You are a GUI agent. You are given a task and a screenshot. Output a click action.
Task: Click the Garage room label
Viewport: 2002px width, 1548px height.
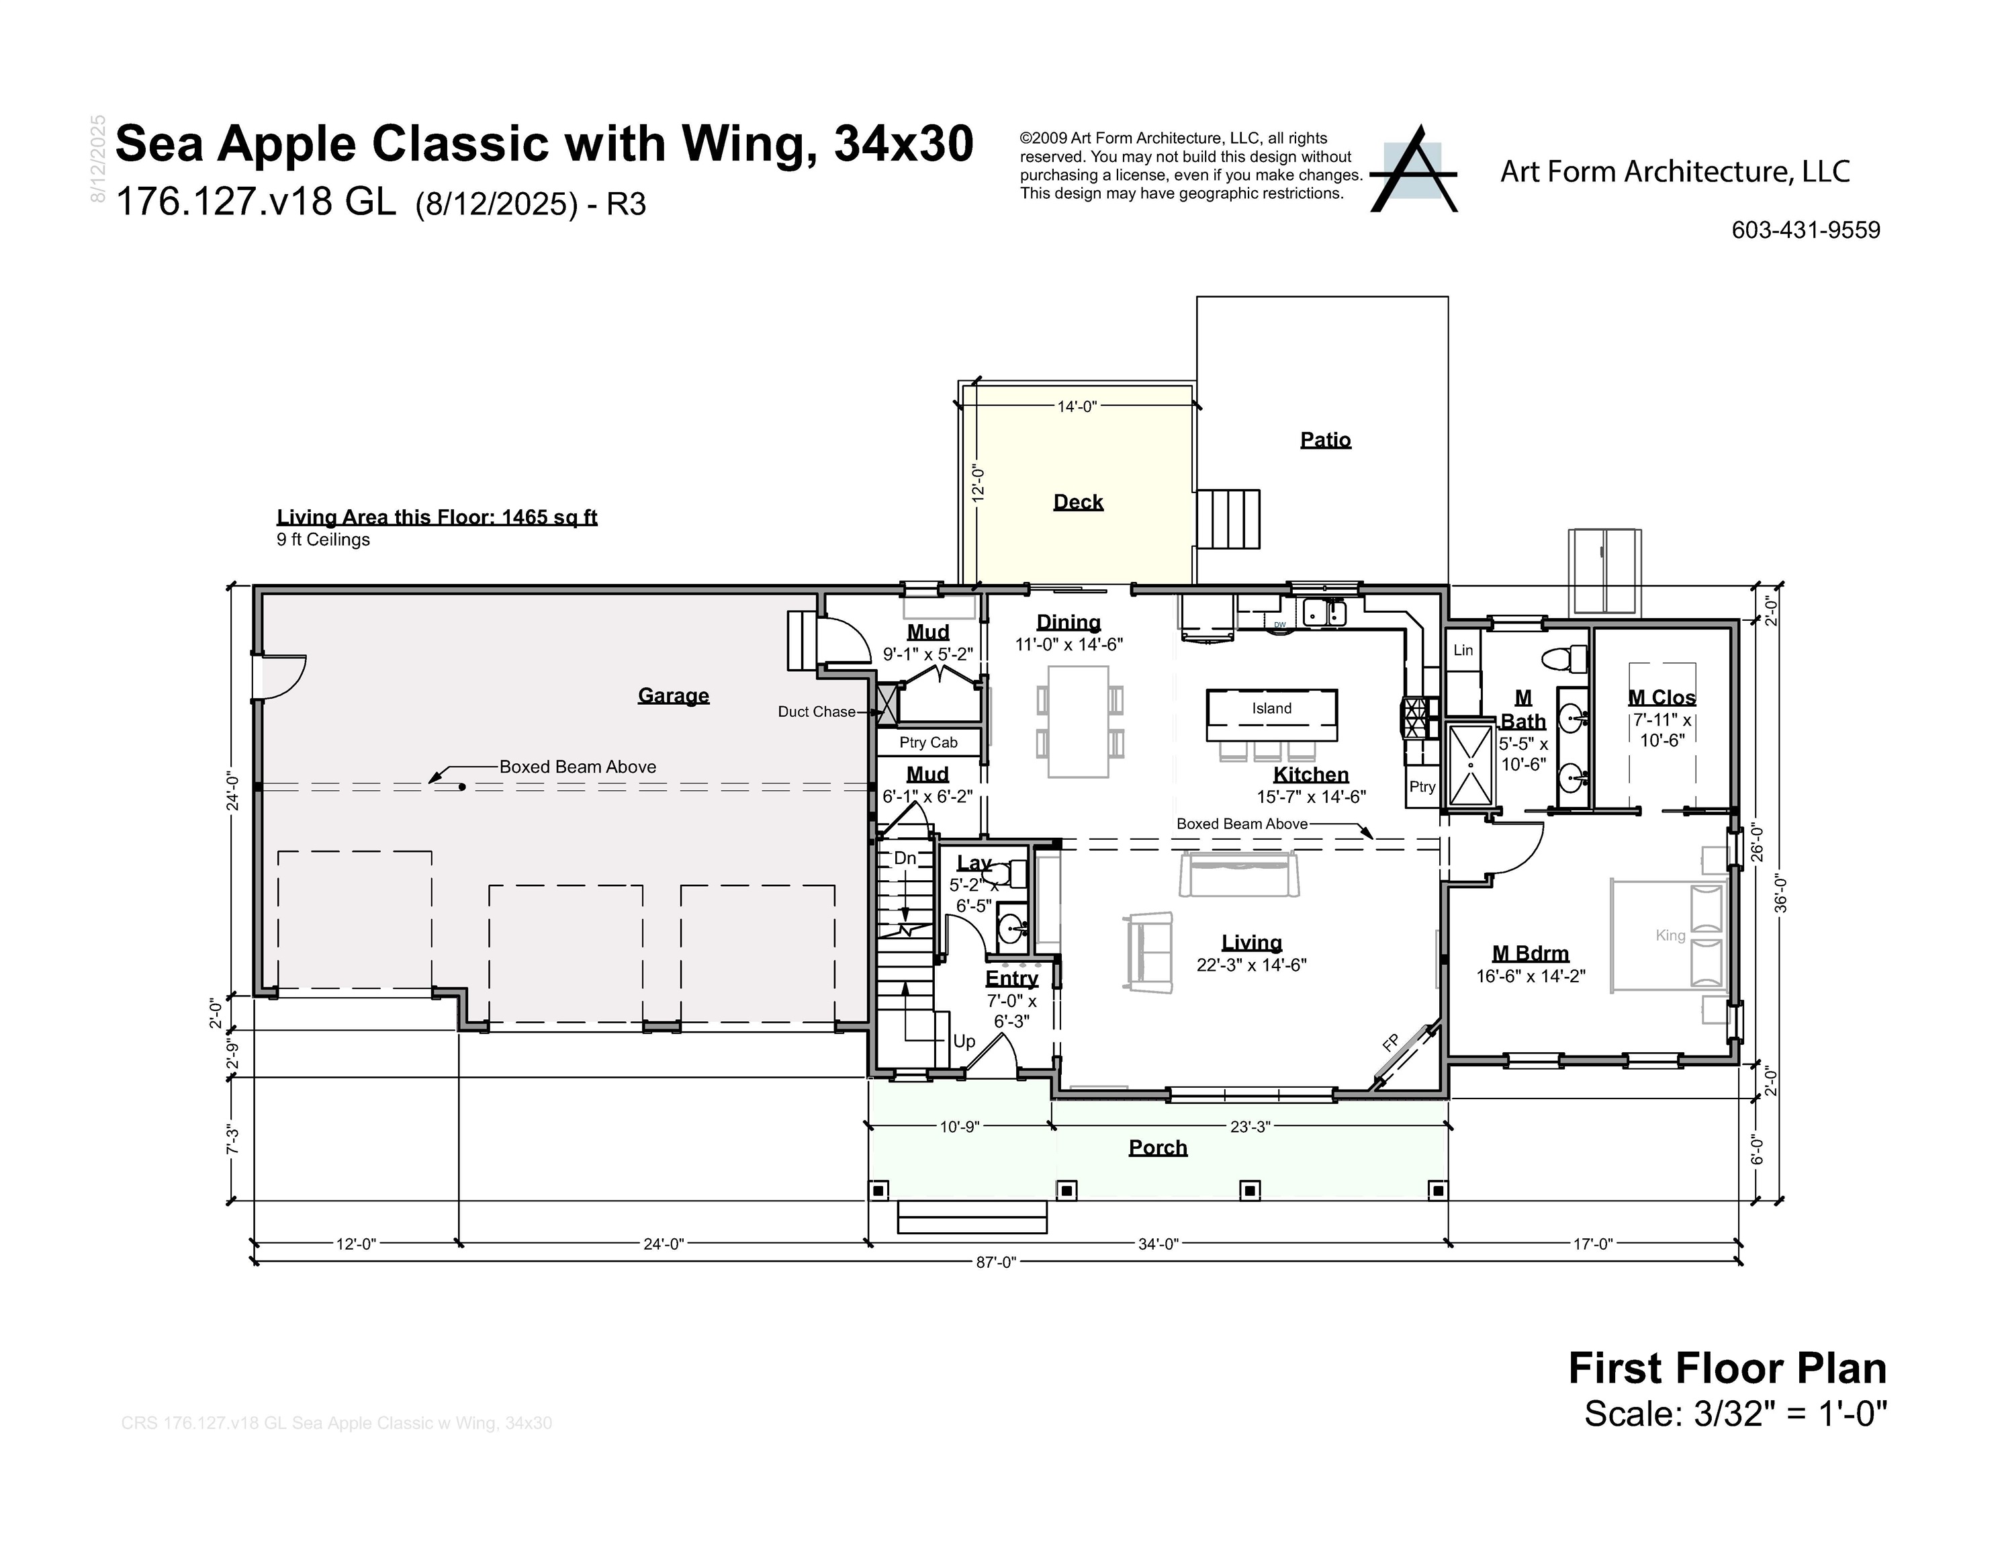pos(673,695)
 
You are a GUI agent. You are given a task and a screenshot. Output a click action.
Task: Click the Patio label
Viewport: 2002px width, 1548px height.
pos(1326,439)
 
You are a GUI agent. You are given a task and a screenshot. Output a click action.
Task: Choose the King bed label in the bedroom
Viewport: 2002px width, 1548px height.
pos(1670,935)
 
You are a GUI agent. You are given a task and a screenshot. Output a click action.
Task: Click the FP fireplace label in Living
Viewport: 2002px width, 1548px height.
pos(1391,1043)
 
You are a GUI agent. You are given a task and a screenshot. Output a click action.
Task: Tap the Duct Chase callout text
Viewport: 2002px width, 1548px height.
pos(816,712)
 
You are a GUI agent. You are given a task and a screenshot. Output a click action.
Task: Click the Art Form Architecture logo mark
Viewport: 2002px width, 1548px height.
pos(1412,171)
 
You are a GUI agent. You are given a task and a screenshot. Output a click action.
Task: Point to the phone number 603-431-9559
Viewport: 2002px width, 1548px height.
pos(1805,230)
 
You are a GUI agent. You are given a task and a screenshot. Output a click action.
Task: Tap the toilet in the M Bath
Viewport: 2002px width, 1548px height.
pos(1565,658)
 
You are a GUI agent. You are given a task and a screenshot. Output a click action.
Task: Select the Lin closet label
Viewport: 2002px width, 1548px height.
pos(1463,650)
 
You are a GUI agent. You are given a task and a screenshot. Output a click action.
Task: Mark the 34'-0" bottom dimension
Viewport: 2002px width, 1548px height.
pos(1158,1244)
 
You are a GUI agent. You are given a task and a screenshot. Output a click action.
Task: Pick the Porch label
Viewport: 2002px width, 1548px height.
pos(1157,1148)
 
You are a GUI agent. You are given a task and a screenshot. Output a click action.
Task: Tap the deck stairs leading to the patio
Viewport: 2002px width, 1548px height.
pos(1228,519)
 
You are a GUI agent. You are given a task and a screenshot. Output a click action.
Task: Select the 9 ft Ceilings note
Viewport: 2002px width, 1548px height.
pos(322,540)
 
